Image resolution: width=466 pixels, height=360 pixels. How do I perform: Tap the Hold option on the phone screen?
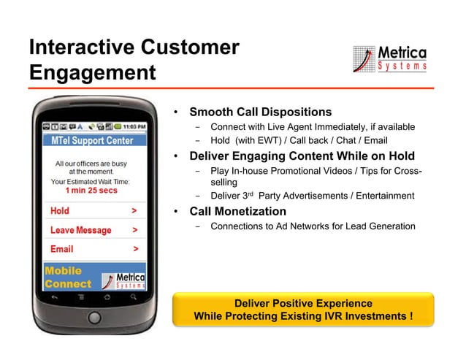pos(60,211)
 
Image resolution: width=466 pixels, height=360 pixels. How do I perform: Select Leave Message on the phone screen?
pos(80,230)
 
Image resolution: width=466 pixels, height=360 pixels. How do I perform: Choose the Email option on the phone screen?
pos(61,249)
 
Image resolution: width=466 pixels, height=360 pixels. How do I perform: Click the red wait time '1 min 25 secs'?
pos(91,191)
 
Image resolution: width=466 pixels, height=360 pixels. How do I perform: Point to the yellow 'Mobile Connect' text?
pos(68,277)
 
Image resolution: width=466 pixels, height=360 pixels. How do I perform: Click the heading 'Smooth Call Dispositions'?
pos(260,112)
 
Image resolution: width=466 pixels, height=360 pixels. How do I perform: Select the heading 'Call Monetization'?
pos(237,212)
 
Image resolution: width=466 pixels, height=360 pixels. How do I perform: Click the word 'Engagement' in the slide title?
pos(92,73)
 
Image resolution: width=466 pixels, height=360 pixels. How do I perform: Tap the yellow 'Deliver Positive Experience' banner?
pos(302,310)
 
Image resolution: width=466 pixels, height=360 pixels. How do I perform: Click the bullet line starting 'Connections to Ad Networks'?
pos(313,226)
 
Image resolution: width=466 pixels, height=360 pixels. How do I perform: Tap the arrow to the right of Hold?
pos(134,211)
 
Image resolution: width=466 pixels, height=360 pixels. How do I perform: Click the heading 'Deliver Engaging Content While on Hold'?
pos(302,156)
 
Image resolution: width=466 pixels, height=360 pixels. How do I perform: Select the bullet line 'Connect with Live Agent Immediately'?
pos(313,127)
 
